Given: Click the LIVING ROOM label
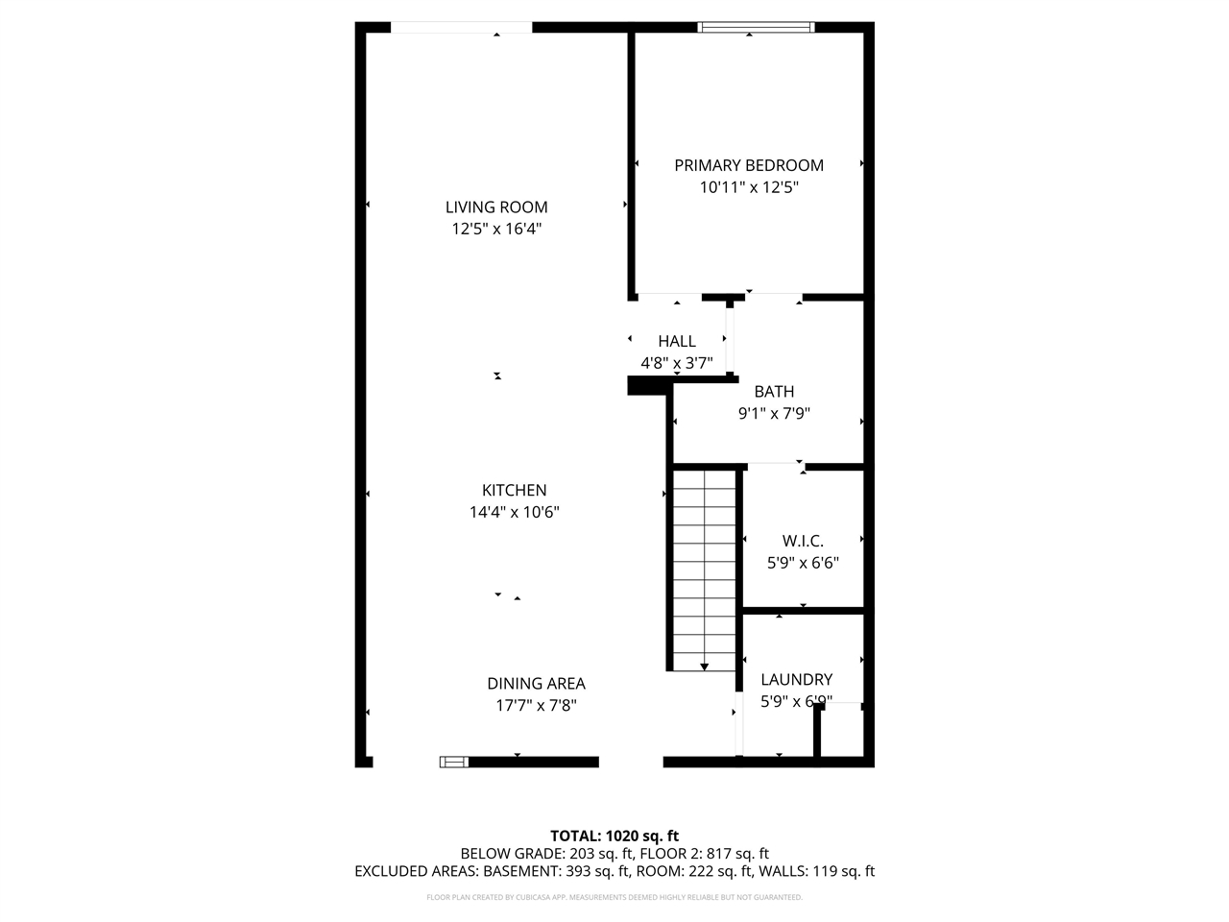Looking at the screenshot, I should [x=496, y=207].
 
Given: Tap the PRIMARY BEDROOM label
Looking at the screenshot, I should [x=749, y=165].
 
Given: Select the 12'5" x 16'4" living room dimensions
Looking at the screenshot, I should [x=496, y=230].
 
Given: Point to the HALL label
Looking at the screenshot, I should [x=677, y=341].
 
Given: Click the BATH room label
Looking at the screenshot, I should [x=774, y=392].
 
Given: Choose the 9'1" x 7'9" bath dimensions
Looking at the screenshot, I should [x=774, y=414].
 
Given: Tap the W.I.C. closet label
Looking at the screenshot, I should [x=803, y=542].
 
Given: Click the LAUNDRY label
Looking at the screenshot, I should [x=796, y=680].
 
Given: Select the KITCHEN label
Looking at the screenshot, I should [x=515, y=491].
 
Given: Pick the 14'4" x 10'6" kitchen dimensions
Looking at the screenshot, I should [x=515, y=513].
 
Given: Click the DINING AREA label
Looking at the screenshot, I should [x=536, y=684].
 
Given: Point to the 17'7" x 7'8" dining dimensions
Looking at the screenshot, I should [x=536, y=706].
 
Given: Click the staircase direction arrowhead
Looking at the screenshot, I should [x=705, y=667].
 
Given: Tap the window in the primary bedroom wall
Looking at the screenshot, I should [x=757, y=27].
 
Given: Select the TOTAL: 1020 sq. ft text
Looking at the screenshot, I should [x=614, y=836].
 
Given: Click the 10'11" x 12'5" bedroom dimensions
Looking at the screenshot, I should [x=749, y=188].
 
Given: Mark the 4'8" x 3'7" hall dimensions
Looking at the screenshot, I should [x=677, y=363].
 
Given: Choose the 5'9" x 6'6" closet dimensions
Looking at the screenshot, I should [x=803, y=564].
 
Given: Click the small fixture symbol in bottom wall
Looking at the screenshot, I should [x=453, y=762].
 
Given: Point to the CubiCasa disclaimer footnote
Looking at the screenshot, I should [x=614, y=898].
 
